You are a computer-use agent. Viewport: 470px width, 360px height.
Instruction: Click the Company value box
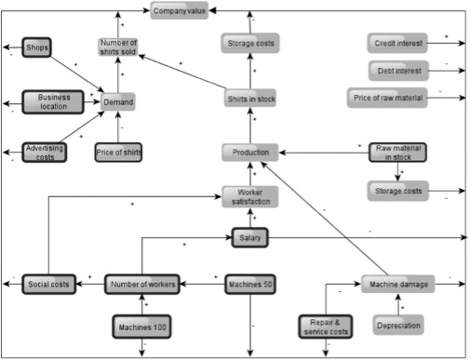[x=180, y=10]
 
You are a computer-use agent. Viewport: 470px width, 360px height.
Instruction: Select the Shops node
[x=36, y=47]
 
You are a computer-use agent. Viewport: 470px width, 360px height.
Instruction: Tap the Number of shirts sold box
[x=118, y=47]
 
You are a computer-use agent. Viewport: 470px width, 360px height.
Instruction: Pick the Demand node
[x=118, y=101]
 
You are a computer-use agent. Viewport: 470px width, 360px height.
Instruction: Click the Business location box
[x=53, y=102]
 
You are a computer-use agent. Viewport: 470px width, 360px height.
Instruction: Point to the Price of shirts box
[x=118, y=153]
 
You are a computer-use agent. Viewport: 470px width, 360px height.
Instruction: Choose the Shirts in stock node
[x=250, y=99]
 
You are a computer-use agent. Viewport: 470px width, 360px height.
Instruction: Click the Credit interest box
[x=397, y=43]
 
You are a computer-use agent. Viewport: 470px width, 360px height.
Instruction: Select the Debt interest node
[x=398, y=71]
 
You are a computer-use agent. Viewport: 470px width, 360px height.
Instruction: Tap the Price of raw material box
[x=387, y=98]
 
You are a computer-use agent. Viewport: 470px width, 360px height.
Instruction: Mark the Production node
[x=250, y=153]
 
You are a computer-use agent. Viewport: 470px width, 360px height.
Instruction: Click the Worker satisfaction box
[x=250, y=196]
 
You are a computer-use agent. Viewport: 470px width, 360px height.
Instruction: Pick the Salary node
[x=250, y=238]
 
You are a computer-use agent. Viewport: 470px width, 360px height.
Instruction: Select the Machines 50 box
[x=250, y=284]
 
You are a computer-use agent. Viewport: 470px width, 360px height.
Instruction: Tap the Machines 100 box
[x=141, y=327]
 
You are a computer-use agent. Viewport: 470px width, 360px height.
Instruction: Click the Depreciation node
[x=398, y=325]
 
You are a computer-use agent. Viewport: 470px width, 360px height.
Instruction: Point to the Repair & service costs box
[x=326, y=327]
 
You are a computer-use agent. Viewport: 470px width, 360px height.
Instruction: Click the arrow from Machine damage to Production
[x=324, y=219]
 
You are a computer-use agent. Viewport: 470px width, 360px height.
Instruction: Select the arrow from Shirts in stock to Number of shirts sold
[x=182, y=72]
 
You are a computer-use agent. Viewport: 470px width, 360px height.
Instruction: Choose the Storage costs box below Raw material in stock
[x=398, y=191]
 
